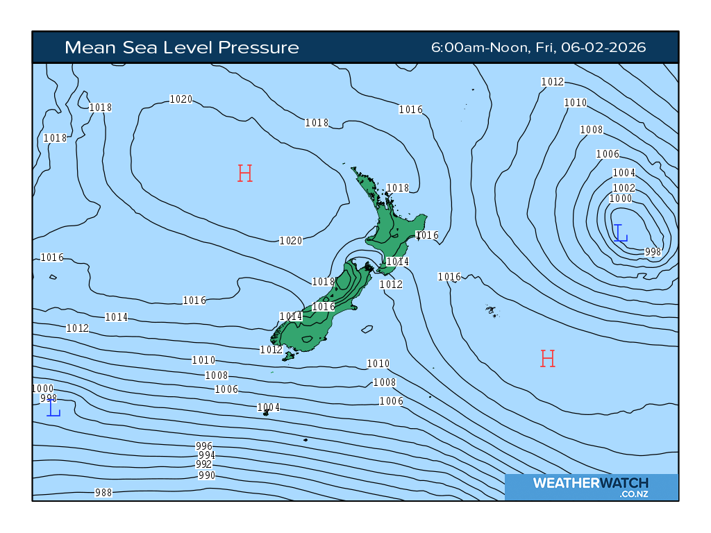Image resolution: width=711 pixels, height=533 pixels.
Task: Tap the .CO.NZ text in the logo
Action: pyautogui.click(x=635, y=494)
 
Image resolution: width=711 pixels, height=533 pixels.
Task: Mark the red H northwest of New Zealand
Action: pyautogui.click(x=244, y=174)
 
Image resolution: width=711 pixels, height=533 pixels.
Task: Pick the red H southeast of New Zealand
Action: pyautogui.click(x=548, y=359)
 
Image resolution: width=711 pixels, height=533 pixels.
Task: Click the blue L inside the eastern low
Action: pyautogui.click(x=621, y=233)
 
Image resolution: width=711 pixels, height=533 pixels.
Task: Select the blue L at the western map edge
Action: pyautogui.click(x=53, y=409)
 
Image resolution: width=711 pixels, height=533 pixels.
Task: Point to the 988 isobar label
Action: pyautogui.click(x=103, y=493)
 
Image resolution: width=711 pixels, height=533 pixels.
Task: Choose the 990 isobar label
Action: pyautogui.click(x=206, y=475)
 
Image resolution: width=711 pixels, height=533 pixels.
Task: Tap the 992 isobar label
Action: pyautogui.click(x=203, y=464)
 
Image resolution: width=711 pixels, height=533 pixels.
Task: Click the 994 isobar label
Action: pyautogui.click(x=207, y=455)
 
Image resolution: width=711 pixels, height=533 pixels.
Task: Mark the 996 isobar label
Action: pyautogui.click(x=204, y=446)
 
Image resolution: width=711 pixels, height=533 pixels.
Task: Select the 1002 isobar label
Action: pyautogui.click(x=624, y=188)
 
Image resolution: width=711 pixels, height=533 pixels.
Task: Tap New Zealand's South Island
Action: pyautogui.click(x=319, y=319)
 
